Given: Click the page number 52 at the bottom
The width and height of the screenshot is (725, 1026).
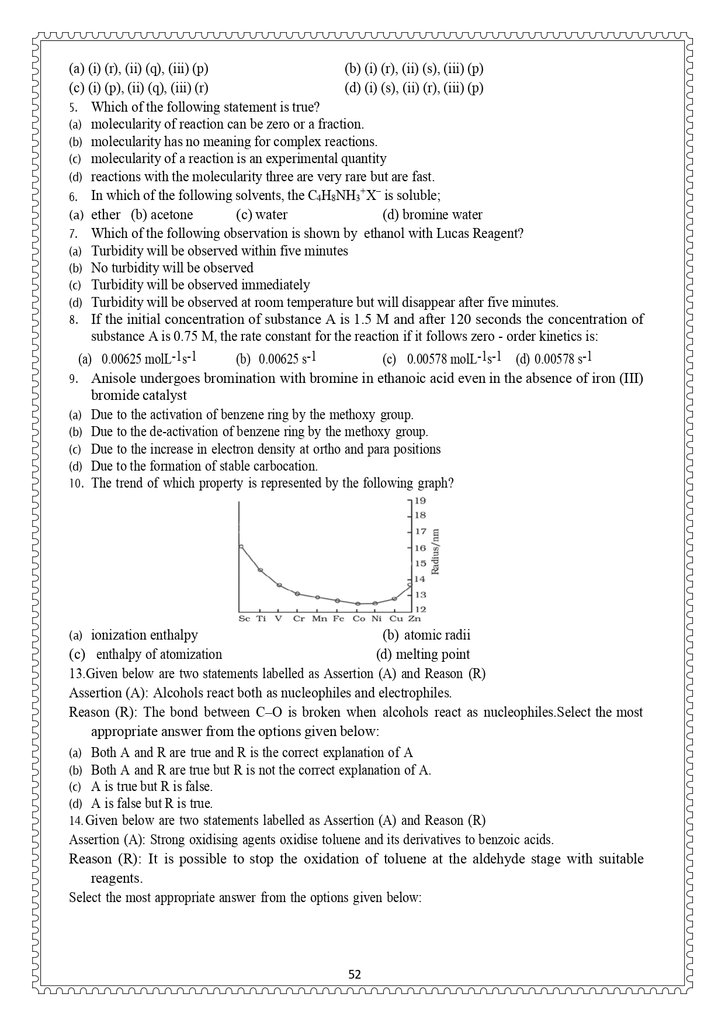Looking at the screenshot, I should click(x=355, y=974).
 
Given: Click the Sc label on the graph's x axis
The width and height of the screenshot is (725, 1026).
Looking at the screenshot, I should click(x=244, y=619).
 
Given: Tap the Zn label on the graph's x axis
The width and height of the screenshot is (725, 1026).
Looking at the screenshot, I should click(x=414, y=619).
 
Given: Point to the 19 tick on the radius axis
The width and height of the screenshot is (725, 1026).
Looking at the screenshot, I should click(x=420, y=500).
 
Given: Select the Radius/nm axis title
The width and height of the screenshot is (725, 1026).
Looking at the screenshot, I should click(x=435, y=552).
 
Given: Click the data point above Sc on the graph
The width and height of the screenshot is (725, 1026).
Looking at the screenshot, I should click(x=241, y=547).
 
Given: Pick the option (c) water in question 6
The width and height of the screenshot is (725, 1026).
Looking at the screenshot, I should click(x=262, y=215).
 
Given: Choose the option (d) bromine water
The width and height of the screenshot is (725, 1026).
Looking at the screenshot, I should click(x=432, y=215).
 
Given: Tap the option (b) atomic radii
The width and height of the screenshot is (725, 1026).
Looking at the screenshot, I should click(x=426, y=635).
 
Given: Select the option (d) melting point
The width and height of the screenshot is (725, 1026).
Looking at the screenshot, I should click(x=423, y=654).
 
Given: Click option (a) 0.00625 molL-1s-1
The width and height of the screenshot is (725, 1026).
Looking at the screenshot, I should click(x=138, y=358).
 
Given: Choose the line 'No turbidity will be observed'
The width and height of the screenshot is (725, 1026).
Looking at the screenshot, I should click(x=172, y=268).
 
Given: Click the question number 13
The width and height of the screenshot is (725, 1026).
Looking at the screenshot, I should click(x=77, y=673).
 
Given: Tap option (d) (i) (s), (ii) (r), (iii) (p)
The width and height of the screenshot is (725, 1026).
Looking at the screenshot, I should click(x=414, y=88).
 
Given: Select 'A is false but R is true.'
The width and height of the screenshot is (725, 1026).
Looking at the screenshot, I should click(x=151, y=803).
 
